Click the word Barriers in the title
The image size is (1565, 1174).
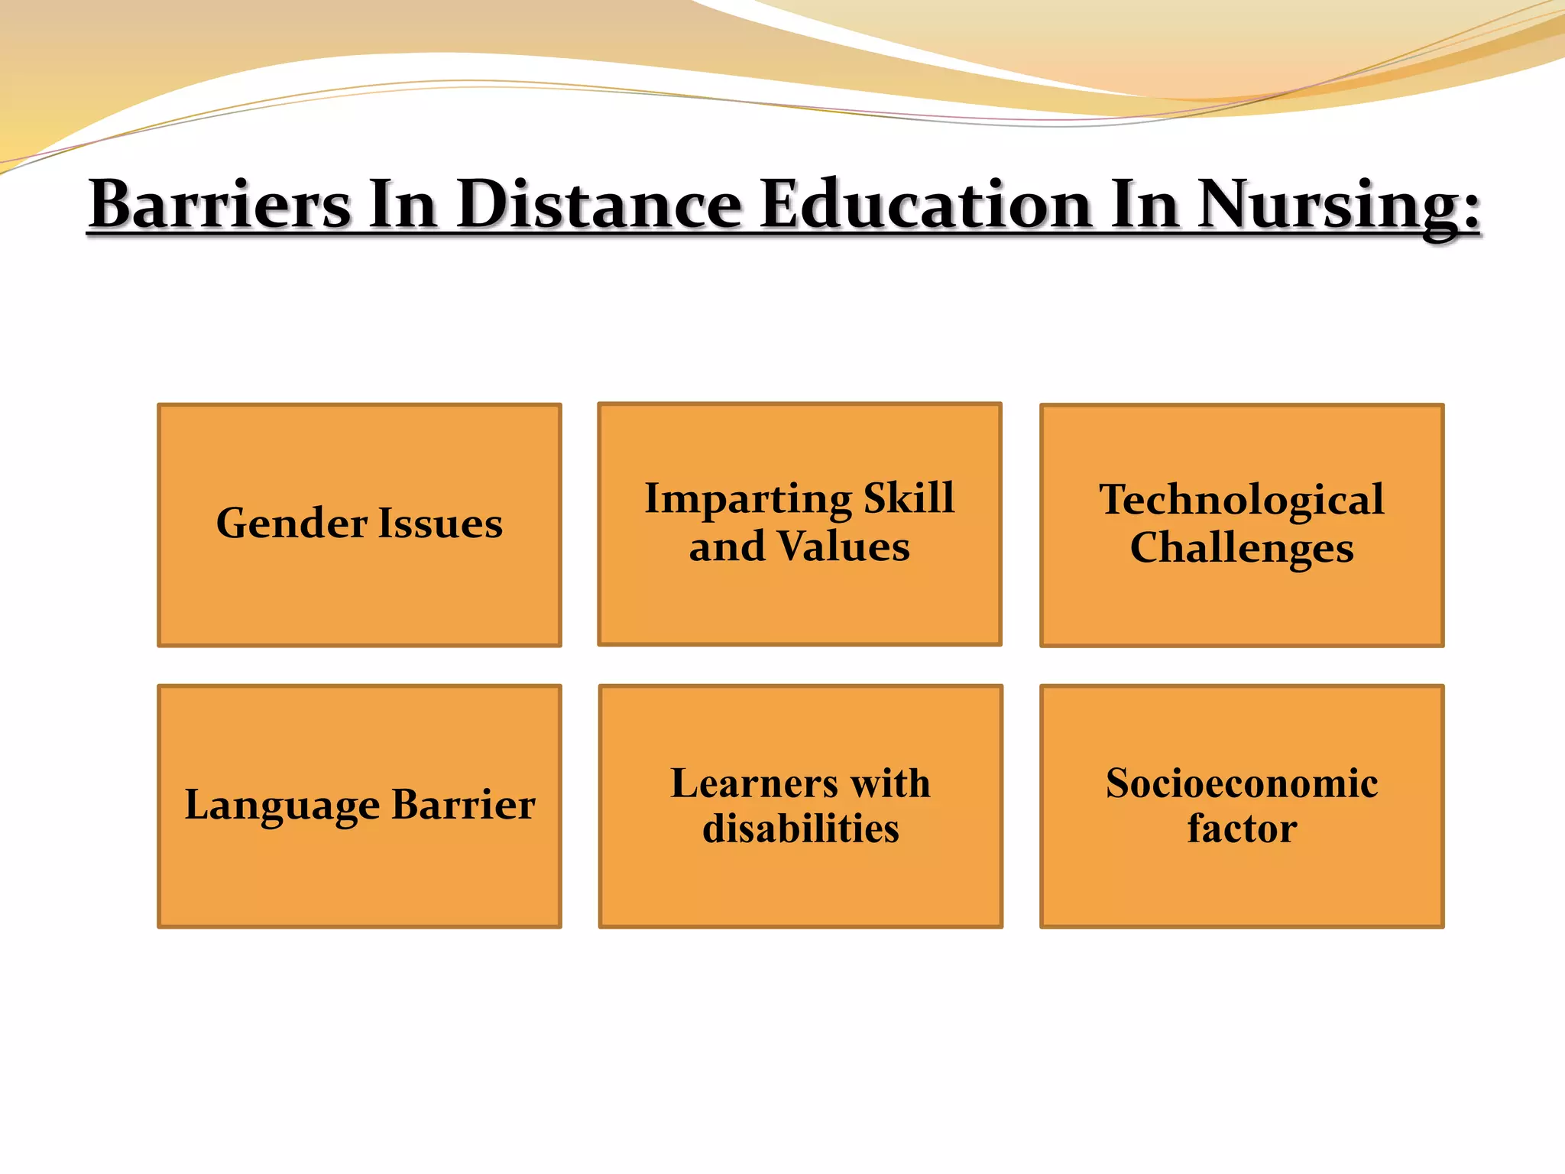click(x=220, y=204)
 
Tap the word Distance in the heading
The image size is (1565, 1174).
click(x=600, y=204)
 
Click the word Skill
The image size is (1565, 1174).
click(x=909, y=498)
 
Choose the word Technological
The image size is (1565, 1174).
click(x=1242, y=500)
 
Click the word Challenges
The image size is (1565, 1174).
click(x=1242, y=549)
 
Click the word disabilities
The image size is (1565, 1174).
click(x=800, y=829)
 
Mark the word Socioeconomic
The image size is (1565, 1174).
click(x=1242, y=783)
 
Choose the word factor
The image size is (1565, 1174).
click(x=1242, y=829)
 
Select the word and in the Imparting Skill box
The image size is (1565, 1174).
click(x=727, y=547)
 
